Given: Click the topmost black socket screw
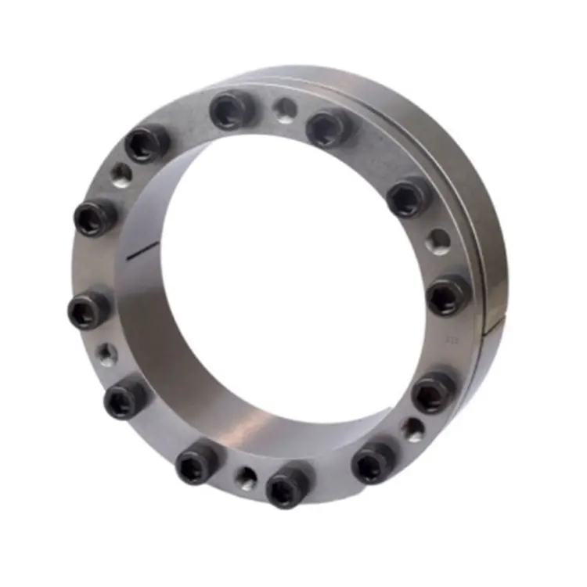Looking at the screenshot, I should tap(232, 110).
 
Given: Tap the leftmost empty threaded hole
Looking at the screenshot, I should tap(106, 355).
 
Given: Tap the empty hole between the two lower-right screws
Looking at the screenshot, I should tap(412, 428).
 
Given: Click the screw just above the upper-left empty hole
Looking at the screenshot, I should tap(146, 143).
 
